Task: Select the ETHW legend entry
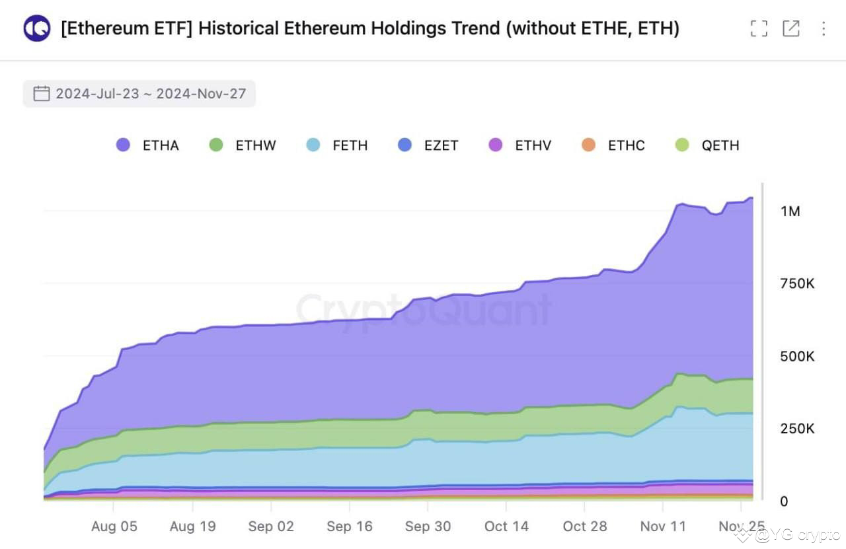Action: (x=243, y=145)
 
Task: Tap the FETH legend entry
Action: (x=337, y=145)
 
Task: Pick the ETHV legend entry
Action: (x=520, y=145)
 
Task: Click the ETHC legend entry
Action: (x=613, y=145)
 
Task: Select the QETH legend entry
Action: (x=707, y=145)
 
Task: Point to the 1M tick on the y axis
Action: (x=790, y=211)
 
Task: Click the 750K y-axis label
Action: (x=797, y=284)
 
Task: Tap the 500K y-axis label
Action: (x=797, y=357)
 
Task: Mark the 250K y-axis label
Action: (x=797, y=429)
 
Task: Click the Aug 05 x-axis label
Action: (x=114, y=527)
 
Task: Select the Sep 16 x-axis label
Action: (x=350, y=527)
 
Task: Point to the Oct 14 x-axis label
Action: (x=506, y=527)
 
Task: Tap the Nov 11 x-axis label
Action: (x=663, y=527)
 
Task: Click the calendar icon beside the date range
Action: (x=42, y=94)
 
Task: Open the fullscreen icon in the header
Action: (x=759, y=28)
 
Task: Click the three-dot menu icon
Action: (x=823, y=28)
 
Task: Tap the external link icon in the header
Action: (x=791, y=28)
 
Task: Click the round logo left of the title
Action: (x=37, y=28)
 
